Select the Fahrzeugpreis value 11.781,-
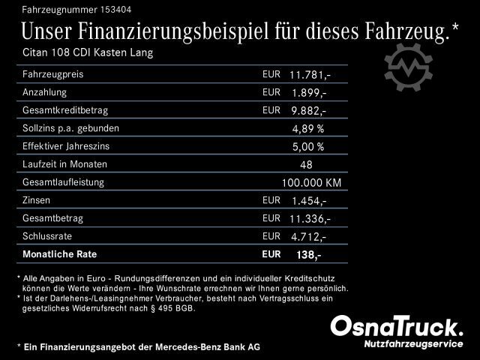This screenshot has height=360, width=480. coord(310,75)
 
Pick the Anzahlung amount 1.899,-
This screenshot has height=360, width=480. coord(308,93)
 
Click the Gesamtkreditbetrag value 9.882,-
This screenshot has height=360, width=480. coord(308,111)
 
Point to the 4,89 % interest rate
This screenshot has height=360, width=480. coord(307,128)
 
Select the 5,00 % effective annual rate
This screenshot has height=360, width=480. coord(307,146)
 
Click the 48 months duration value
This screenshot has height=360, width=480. coord(306,164)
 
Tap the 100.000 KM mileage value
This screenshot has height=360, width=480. coord(311,182)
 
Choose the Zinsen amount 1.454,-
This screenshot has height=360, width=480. coord(308,200)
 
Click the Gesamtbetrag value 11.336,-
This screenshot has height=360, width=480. coord(310,218)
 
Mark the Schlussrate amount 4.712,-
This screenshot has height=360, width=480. coord(308,236)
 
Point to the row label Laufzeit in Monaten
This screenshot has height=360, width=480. coord(65,164)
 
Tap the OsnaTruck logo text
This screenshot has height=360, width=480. coord(397,326)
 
